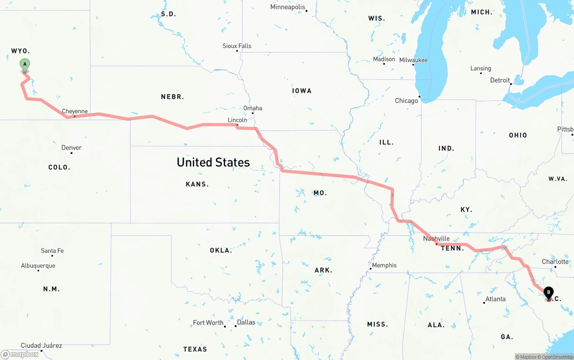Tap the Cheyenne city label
point(75,112)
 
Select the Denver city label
point(72,148)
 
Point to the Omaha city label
point(253,108)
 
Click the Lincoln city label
point(237,120)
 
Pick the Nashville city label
point(436,239)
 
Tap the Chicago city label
point(406,101)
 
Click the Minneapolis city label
point(287,7)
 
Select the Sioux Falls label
point(237,46)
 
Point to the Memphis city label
point(384,265)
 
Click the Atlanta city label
point(496,299)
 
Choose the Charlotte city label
point(555,262)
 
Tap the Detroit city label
point(500,81)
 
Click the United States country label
point(213,162)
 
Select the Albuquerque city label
point(38,266)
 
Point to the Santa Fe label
point(52,251)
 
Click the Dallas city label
point(246,322)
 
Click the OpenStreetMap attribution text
point(557,357)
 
